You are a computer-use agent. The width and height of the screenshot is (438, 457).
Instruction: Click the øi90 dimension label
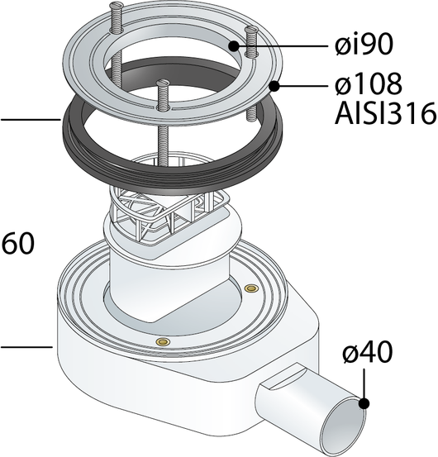click(364, 45)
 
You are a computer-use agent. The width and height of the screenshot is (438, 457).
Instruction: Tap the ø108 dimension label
click(369, 84)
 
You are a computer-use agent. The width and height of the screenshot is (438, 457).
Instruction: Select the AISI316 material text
click(386, 113)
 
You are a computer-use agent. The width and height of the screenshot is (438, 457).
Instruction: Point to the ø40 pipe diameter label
click(367, 352)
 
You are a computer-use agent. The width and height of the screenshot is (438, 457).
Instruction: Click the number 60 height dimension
click(18, 243)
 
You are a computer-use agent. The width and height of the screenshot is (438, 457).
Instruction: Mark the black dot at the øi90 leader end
click(234, 46)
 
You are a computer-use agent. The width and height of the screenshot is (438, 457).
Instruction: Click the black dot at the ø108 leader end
click(274, 86)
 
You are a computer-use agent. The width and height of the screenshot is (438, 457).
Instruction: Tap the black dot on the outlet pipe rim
click(364, 403)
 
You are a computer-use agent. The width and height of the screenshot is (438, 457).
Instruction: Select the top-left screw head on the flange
click(114, 4)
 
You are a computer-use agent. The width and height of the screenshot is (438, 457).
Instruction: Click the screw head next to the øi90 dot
click(251, 30)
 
